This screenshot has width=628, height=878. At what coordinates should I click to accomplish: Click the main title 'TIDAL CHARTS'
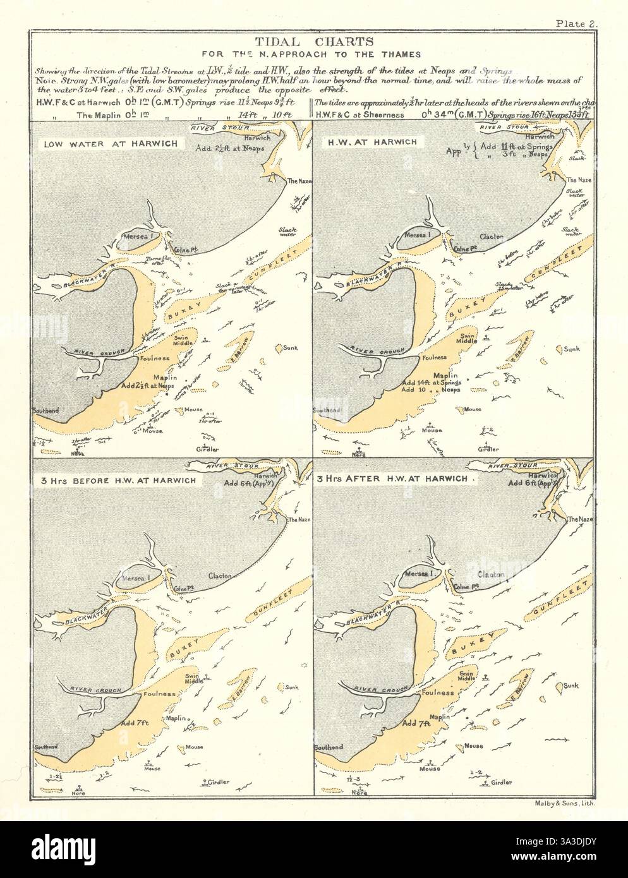click(313, 42)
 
